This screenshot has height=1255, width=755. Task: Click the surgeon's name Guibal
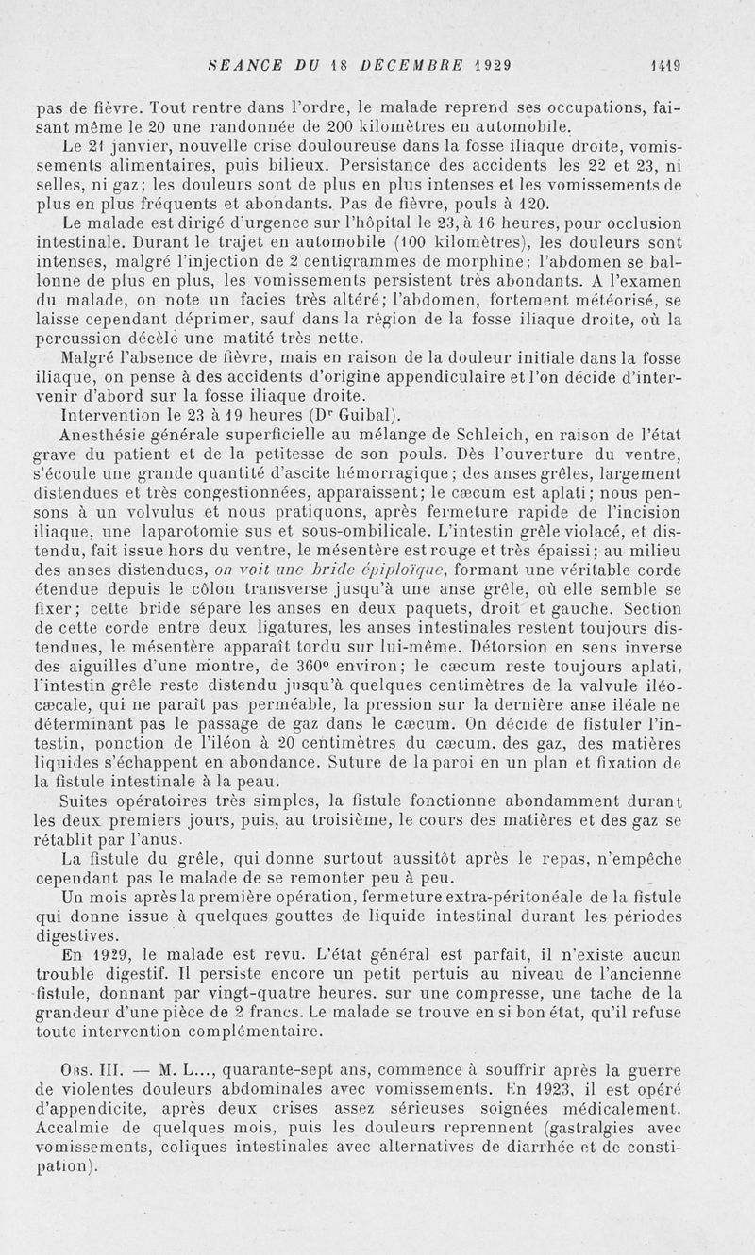(x=350, y=416)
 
